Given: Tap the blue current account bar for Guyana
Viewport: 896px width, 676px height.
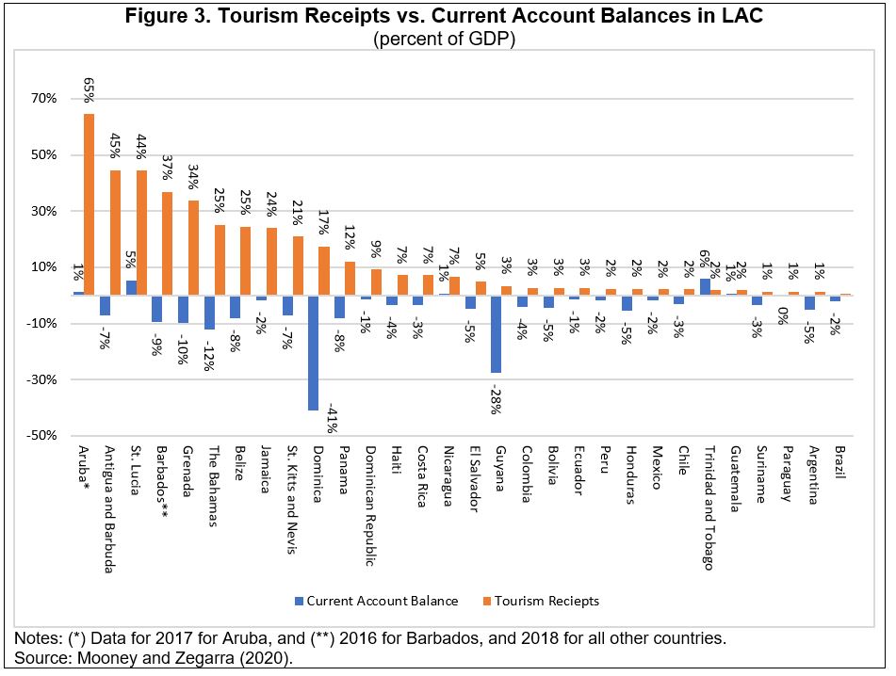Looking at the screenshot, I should tap(496, 334).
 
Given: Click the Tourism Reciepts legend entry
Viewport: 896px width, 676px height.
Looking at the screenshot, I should tap(546, 601).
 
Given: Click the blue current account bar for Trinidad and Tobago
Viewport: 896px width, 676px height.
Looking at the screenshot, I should tap(704, 286).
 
